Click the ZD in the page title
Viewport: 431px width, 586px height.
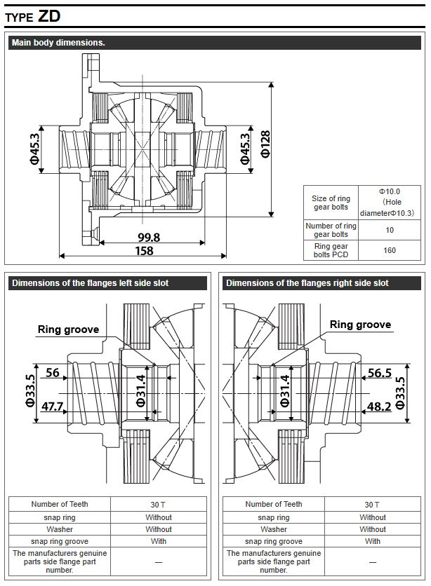click(x=49, y=16)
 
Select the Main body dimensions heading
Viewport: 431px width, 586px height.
click(x=58, y=43)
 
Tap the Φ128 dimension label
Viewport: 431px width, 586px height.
click(x=265, y=144)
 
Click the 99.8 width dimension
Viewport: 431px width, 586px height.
click(x=149, y=238)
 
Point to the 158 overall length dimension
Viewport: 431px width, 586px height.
click(x=144, y=250)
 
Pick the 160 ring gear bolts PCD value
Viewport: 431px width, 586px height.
click(x=390, y=250)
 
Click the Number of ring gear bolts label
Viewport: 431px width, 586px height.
click(x=331, y=230)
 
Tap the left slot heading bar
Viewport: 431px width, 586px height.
click(x=107, y=283)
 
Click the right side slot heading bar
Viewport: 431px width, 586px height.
click(x=321, y=283)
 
